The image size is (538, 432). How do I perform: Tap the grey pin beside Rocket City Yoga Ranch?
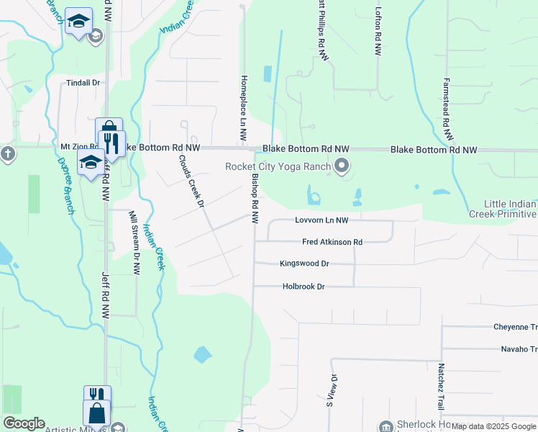pos(342,167)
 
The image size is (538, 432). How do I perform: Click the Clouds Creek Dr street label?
pos(192,181)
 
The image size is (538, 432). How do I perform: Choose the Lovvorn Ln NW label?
pos(322,220)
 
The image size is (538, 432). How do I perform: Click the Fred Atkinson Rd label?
pos(332,243)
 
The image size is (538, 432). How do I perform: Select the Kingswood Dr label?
pos(304,264)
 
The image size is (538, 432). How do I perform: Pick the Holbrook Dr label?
pos(304,287)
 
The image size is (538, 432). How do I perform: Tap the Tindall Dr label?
pos(83,83)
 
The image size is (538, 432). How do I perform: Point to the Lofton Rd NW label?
pos(378,32)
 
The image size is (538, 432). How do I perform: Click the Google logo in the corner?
pos(24,423)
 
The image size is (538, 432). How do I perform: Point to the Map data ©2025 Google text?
pos(494,426)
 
